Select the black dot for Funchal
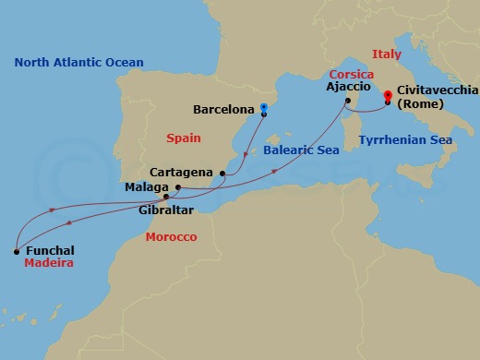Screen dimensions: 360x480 point(16,249)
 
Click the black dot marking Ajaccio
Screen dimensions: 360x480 point(348,101)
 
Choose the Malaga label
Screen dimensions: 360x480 point(145,187)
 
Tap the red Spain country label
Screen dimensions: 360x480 point(182,138)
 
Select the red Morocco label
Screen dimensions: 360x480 point(171,237)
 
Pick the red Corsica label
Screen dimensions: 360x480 point(352,72)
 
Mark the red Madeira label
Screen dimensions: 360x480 point(49,264)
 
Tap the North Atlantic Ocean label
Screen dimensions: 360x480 point(78,62)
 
